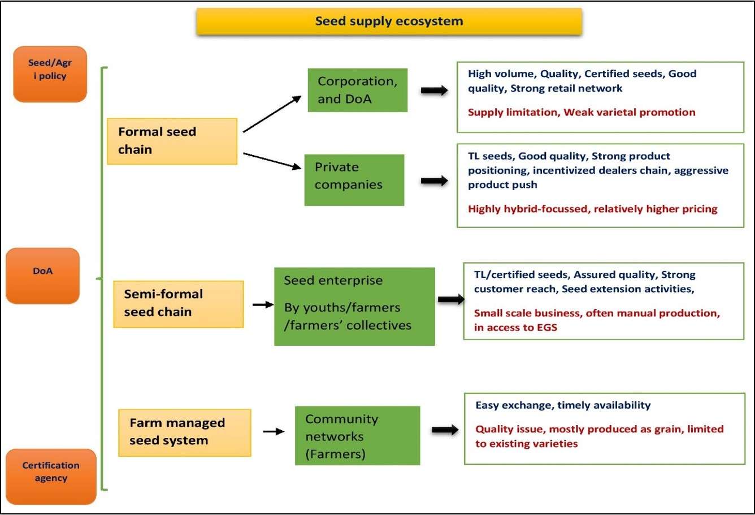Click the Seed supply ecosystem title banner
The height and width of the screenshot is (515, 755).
tap(389, 22)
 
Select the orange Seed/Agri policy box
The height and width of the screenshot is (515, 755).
tap(50, 74)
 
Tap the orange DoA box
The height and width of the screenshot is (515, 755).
tap(42, 276)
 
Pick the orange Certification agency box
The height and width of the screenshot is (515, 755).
tap(51, 476)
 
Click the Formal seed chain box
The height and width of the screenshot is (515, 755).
tap(172, 141)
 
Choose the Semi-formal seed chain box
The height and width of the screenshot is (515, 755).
tap(178, 304)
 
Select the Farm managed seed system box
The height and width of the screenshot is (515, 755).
tap(184, 432)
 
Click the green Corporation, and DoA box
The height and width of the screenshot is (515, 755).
tap(357, 90)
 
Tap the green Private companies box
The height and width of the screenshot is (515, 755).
tap(354, 179)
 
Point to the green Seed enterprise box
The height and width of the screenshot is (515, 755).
tap(354, 306)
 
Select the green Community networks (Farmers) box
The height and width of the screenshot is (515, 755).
tap(357, 435)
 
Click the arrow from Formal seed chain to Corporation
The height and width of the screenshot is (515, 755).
tap(272, 114)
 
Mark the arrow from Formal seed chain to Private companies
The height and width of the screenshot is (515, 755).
tap(272, 160)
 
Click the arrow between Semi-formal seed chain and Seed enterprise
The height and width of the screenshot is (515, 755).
tap(263, 304)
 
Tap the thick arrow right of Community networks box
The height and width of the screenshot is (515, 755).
tap(445, 430)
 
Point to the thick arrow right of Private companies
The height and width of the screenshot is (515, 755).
tap(434, 181)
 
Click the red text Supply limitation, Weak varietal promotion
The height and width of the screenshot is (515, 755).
tap(582, 112)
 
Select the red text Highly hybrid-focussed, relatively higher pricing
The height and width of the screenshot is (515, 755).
tap(592, 209)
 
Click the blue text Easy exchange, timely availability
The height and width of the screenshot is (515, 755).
tap(563, 405)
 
